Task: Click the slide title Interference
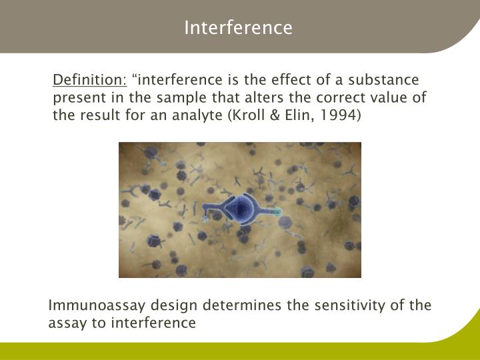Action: tap(238, 28)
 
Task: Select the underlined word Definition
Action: tap(89, 81)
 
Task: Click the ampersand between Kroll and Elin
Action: tap(275, 115)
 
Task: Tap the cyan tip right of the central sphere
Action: tap(278, 213)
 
